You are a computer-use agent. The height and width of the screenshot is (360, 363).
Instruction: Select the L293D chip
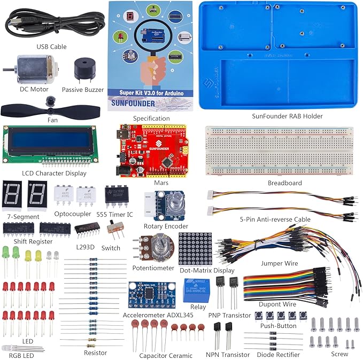pyautogui.click(x=86, y=231)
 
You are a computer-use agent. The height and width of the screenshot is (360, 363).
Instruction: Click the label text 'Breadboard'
pyautogui.click(x=284, y=183)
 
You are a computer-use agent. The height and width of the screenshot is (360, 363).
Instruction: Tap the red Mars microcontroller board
pyautogui.click(x=154, y=151)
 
